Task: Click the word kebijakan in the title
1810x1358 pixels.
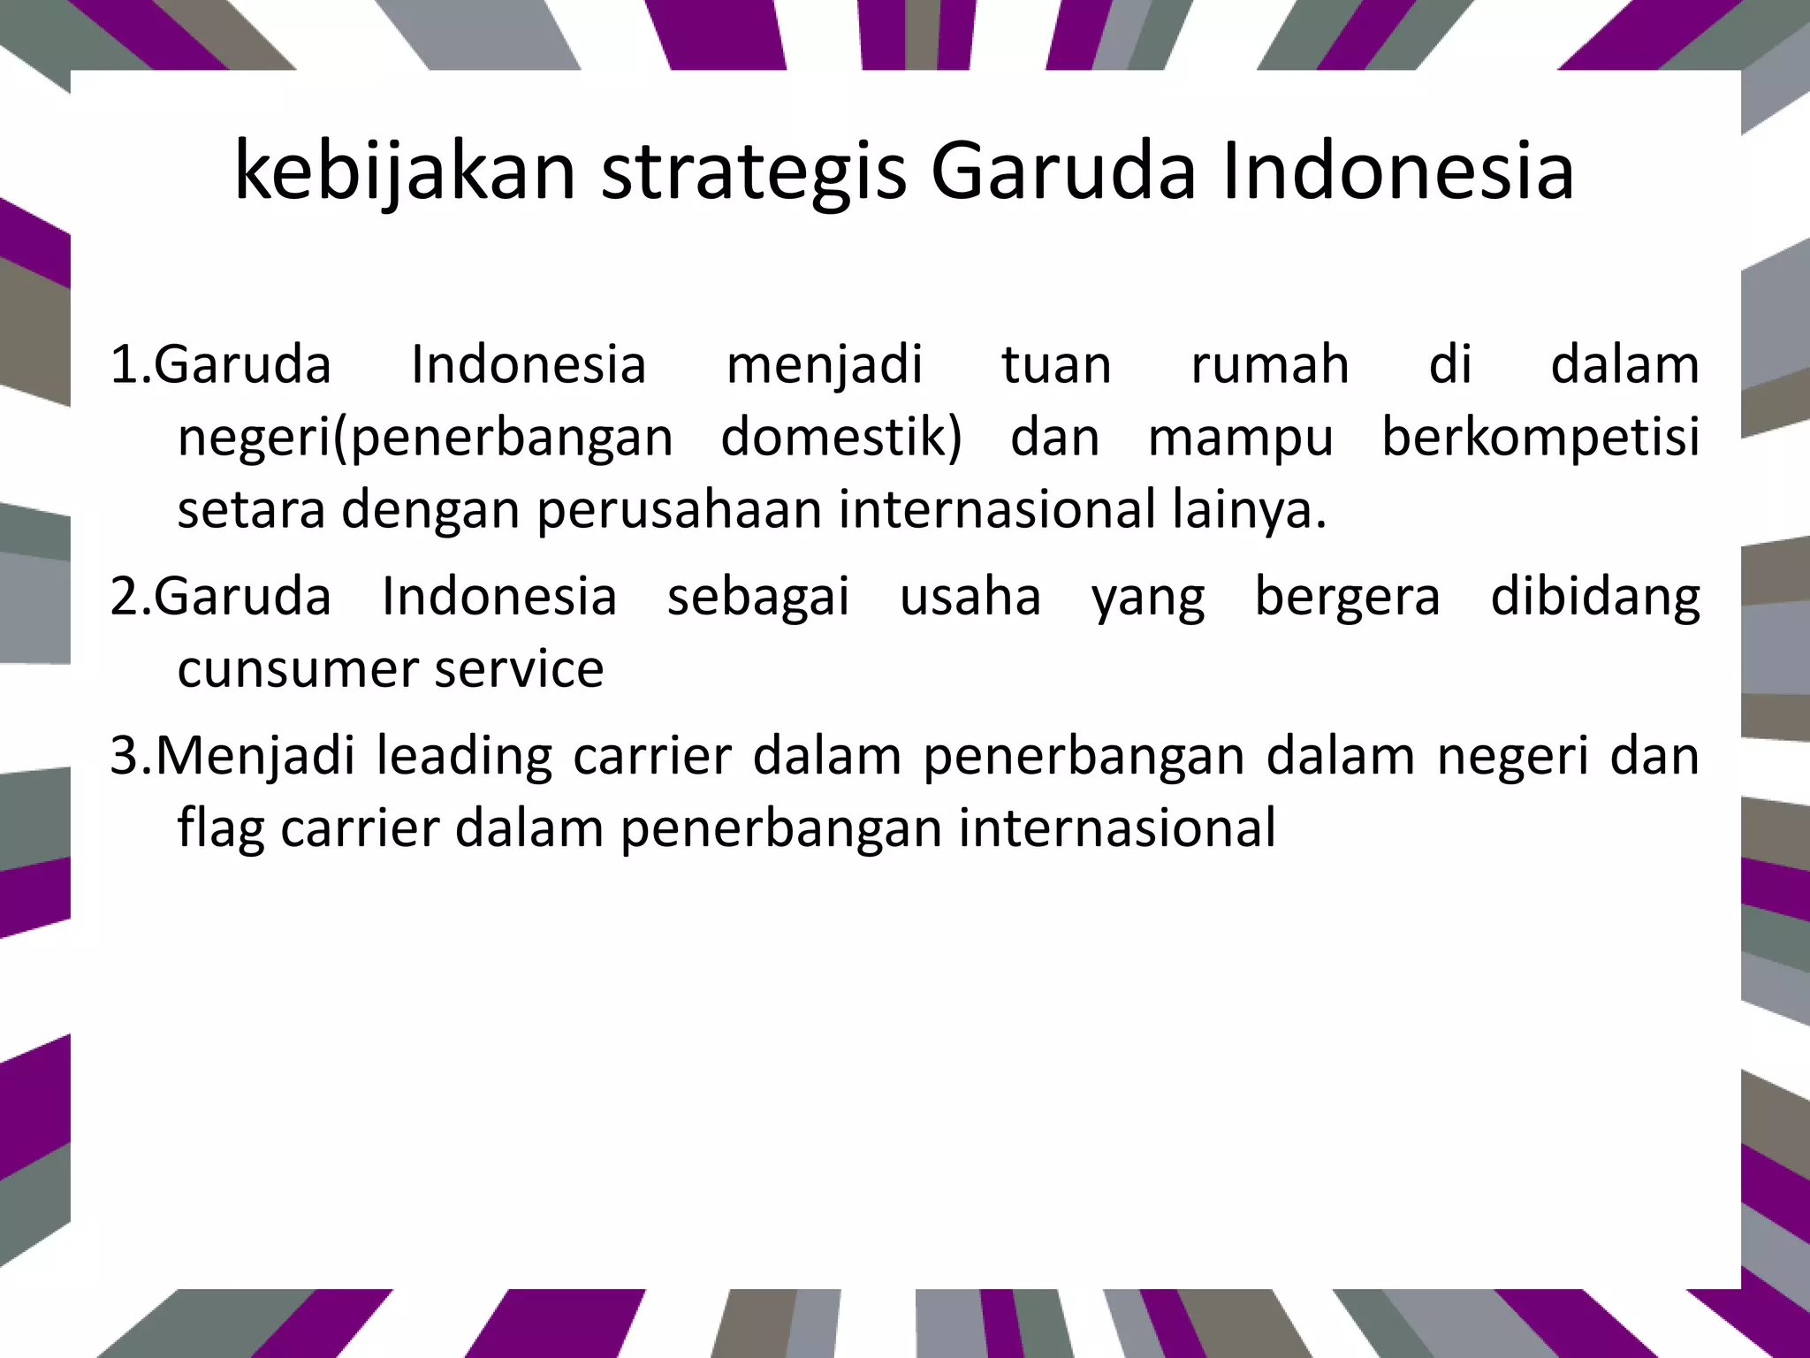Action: click(406, 172)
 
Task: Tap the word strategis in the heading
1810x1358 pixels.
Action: click(754, 172)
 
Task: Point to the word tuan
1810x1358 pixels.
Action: click(1056, 365)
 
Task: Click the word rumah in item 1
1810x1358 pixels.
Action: click(1270, 365)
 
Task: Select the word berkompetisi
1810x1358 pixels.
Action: click(1540, 438)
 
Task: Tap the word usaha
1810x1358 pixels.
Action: click(970, 597)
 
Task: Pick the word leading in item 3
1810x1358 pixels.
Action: click(464, 758)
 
